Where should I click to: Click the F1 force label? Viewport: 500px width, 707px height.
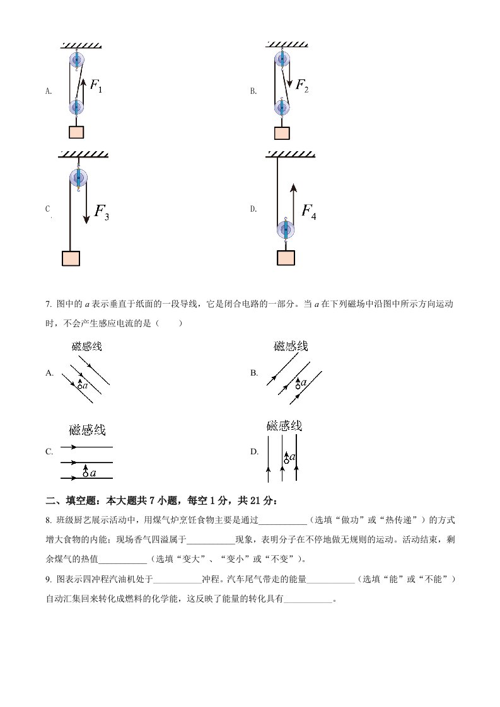click(x=96, y=85)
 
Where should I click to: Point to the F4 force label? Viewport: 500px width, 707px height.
click(x=308, y=211)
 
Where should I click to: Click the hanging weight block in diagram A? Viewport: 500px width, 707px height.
click(x=76, y=132)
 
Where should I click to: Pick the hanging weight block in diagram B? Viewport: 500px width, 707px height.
click(x=282, y=133)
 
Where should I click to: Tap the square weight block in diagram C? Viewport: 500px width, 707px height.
click(x=71, y=258)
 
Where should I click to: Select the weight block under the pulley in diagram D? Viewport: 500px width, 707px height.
click(x=286, y=258)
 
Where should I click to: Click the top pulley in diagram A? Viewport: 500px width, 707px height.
click(x=76, y=61)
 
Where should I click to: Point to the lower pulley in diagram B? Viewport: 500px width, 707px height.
click(x=282, y=108)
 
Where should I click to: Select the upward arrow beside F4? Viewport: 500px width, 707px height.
click(x=293, y=202)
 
